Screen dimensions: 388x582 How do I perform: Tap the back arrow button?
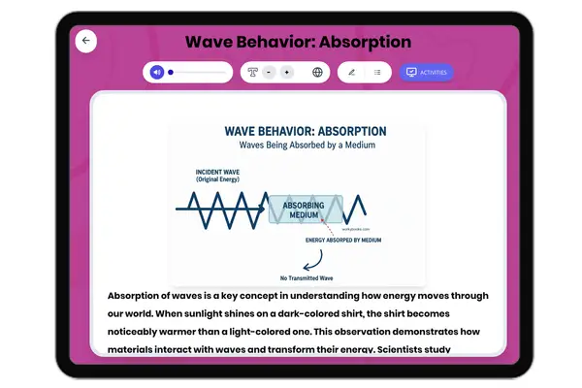tap(86, 41)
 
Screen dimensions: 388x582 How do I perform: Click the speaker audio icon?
tap(156, 72)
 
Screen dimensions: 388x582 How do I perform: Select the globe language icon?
tap(317, 72)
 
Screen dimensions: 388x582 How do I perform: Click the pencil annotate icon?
tap(351, 72)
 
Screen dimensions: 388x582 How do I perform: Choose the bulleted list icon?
tap(377, 72)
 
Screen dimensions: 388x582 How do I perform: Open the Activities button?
tap(426, 72)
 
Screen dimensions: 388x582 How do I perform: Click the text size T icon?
tap(252, 72)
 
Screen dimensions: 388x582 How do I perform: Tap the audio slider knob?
tap(171, 72)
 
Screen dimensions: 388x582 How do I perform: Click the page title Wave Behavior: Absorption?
tap(298, 42)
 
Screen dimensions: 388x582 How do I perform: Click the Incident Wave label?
tap(218, 175)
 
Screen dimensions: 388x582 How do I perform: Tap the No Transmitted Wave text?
tap(298, 276)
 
